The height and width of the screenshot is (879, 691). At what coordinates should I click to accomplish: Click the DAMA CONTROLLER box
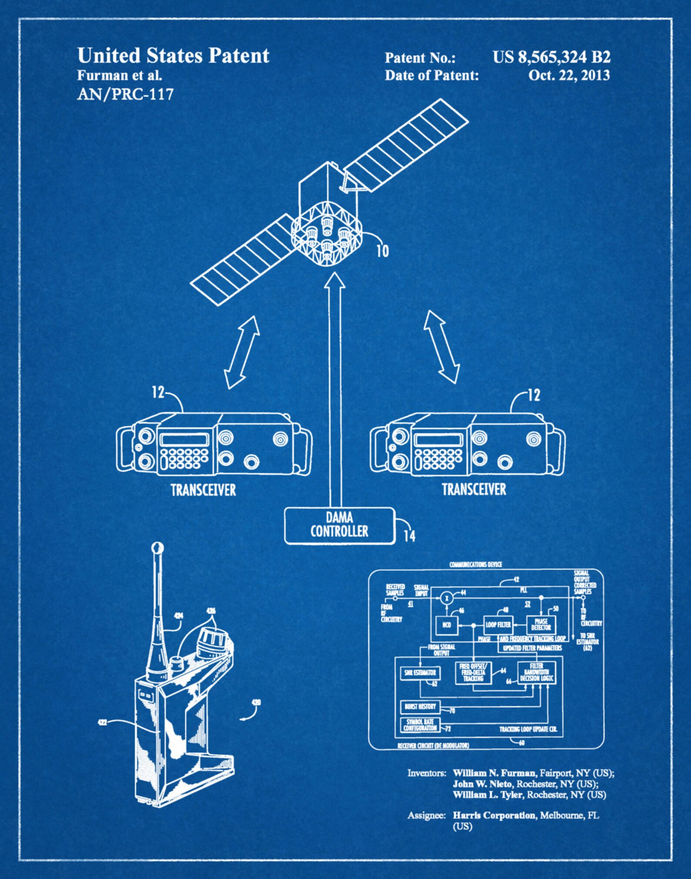[339, 525]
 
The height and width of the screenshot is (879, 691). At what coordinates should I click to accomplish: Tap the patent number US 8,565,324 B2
[551, 57]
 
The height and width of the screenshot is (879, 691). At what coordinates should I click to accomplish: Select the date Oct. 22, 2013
[569, 75]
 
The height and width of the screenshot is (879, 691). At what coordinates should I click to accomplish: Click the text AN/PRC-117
[125, 94]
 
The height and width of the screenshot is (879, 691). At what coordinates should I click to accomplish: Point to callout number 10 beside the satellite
[382, 251]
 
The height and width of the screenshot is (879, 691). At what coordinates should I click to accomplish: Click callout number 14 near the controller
[409, 536]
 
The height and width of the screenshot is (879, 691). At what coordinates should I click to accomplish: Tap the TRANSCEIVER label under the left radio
[203, 490]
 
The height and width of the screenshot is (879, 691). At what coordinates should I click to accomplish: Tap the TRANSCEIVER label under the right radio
[474, 489]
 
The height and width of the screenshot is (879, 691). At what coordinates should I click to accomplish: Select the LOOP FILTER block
[498, 625]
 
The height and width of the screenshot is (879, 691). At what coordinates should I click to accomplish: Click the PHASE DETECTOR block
[541, 625]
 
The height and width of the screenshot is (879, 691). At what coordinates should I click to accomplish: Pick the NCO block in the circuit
[446, 625]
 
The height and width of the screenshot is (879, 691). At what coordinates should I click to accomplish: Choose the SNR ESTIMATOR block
[420, 673]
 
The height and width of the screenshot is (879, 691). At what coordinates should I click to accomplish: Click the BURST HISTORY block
[420, 706]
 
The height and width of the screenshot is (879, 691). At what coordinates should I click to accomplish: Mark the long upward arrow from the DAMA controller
[335, 392]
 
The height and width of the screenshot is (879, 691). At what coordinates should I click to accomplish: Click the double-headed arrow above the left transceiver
[242, 352]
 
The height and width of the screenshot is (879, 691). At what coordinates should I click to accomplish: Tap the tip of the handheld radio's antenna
[157, 547]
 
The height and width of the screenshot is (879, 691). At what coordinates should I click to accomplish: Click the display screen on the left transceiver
[184, 439]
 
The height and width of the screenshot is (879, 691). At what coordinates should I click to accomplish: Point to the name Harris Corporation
[494, 815]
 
